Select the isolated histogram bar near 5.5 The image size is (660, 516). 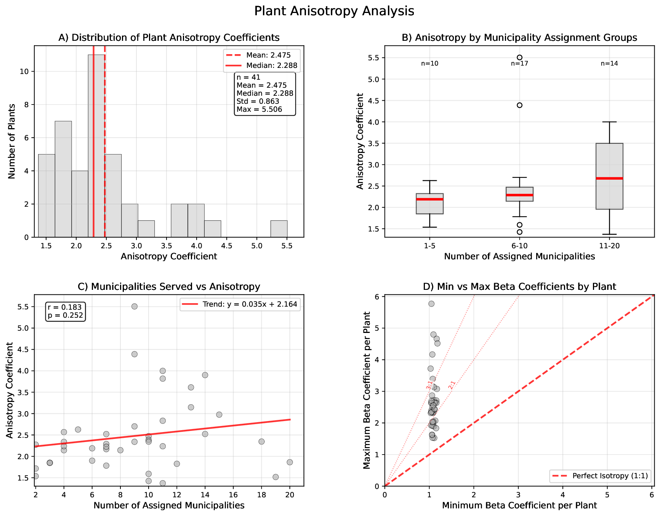tap(279, 229)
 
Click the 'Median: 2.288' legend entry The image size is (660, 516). tap(272, 66)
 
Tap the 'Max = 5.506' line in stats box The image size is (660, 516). tap(259, 109)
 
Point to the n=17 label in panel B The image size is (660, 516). tap(519, 64)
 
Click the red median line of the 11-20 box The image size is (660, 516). tap(609, 178)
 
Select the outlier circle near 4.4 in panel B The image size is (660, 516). tap(519, 105)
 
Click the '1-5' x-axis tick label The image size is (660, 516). tap(429, 246)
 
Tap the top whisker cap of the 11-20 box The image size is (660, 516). tap(609, 122)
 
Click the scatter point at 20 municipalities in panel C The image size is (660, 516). tap(290, 462)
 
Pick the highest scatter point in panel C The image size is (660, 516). tap(134, 307)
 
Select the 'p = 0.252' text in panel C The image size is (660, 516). tap(65, 315)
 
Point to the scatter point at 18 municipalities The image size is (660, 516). tap(261, 442)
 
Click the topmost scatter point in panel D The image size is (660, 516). tap(431, 304)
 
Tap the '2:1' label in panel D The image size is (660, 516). tap(452, 385)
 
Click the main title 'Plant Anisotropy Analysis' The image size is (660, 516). tap(334, 11)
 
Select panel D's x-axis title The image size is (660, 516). tap(519, 506)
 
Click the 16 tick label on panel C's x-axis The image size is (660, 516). tap(233, 495)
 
